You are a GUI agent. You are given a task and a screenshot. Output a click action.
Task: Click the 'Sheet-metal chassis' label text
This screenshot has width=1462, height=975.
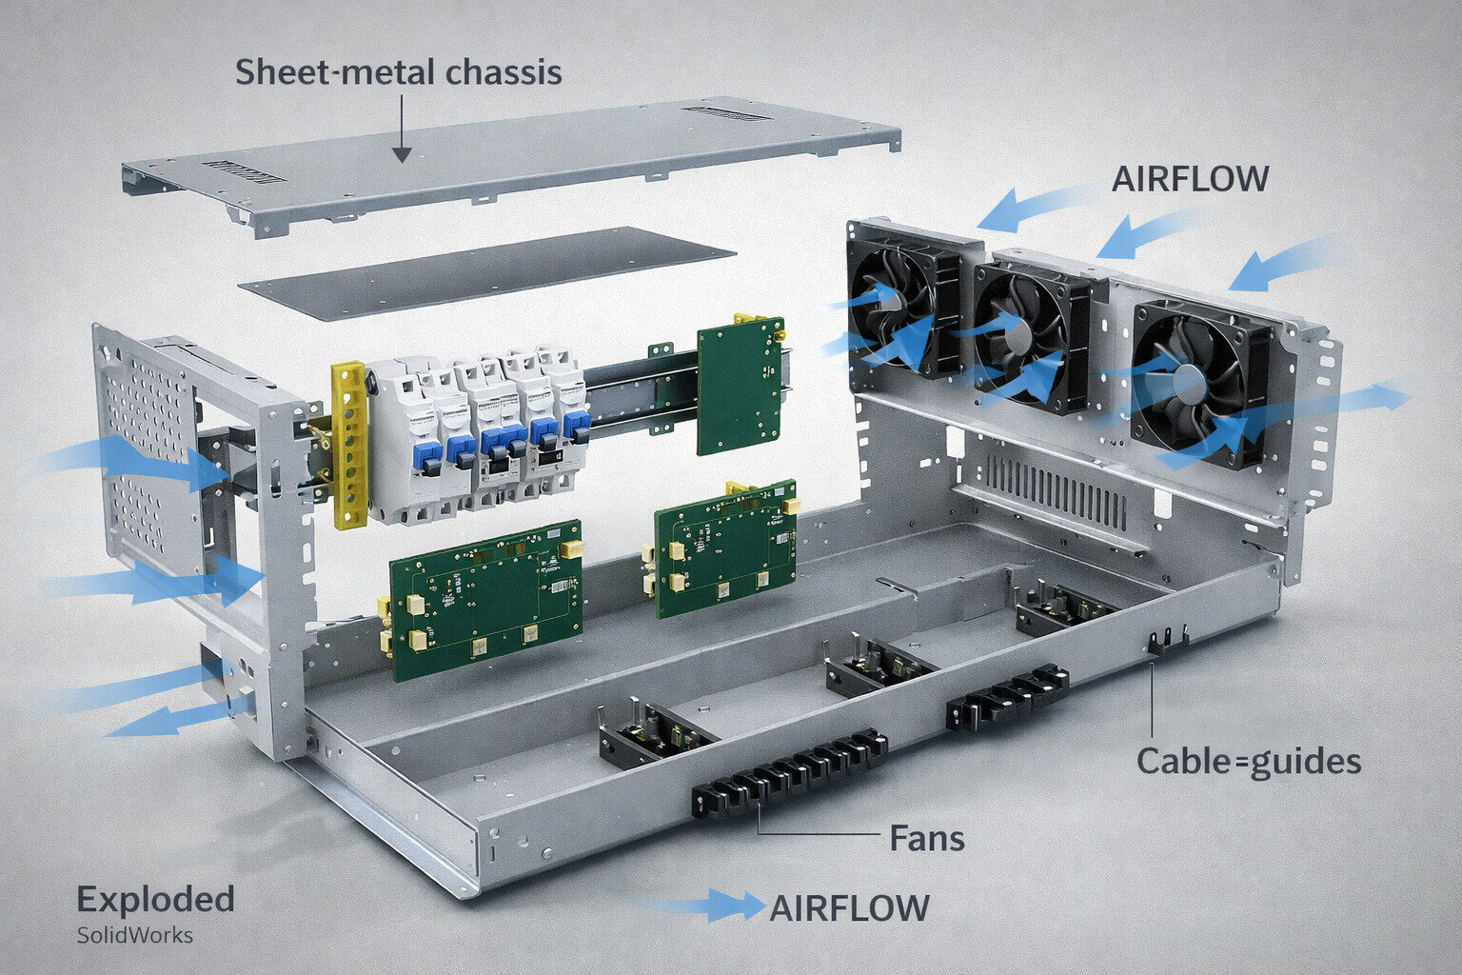[398, 72]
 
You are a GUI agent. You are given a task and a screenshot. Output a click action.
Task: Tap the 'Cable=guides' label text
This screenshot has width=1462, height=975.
[1248, 762]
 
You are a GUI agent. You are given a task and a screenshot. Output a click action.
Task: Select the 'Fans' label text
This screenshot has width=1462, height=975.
[926, 839]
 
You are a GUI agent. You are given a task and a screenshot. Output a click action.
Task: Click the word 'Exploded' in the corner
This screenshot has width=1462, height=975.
[155, 899]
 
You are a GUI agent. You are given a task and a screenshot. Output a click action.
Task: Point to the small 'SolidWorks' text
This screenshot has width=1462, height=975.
[134, 935]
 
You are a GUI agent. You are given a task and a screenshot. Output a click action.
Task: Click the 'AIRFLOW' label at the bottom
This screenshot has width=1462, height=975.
[849, 908]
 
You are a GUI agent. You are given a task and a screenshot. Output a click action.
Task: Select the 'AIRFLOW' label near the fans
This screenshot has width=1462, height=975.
[1190, 179]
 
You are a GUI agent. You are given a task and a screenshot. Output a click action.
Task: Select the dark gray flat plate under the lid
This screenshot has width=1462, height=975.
[485, 272]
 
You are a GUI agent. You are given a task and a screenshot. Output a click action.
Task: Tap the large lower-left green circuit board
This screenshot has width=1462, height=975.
[485, 600]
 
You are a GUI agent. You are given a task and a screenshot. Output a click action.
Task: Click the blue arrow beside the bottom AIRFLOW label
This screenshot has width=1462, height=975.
[709, 905]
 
